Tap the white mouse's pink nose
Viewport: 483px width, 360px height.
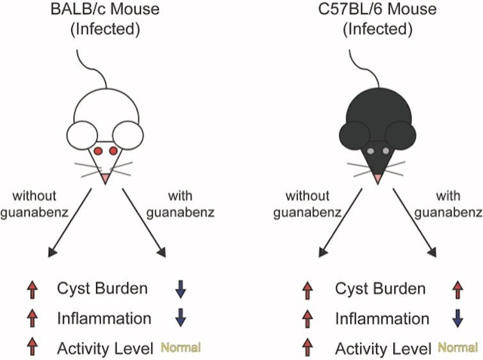pyautogui.click(x=105, y=177)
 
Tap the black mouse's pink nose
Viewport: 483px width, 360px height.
pyautogui.click(x=379, y=177)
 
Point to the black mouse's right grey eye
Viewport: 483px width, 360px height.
pyautogui.click(x=388, y=151)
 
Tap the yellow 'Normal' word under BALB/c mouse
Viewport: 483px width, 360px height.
pyautogui.click(x=181, y=348)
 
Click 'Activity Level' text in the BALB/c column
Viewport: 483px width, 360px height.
pyautogui.click(x=105, y=348)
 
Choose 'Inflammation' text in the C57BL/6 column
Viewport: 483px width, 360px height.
pyautogui.click(x=382, y=319)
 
